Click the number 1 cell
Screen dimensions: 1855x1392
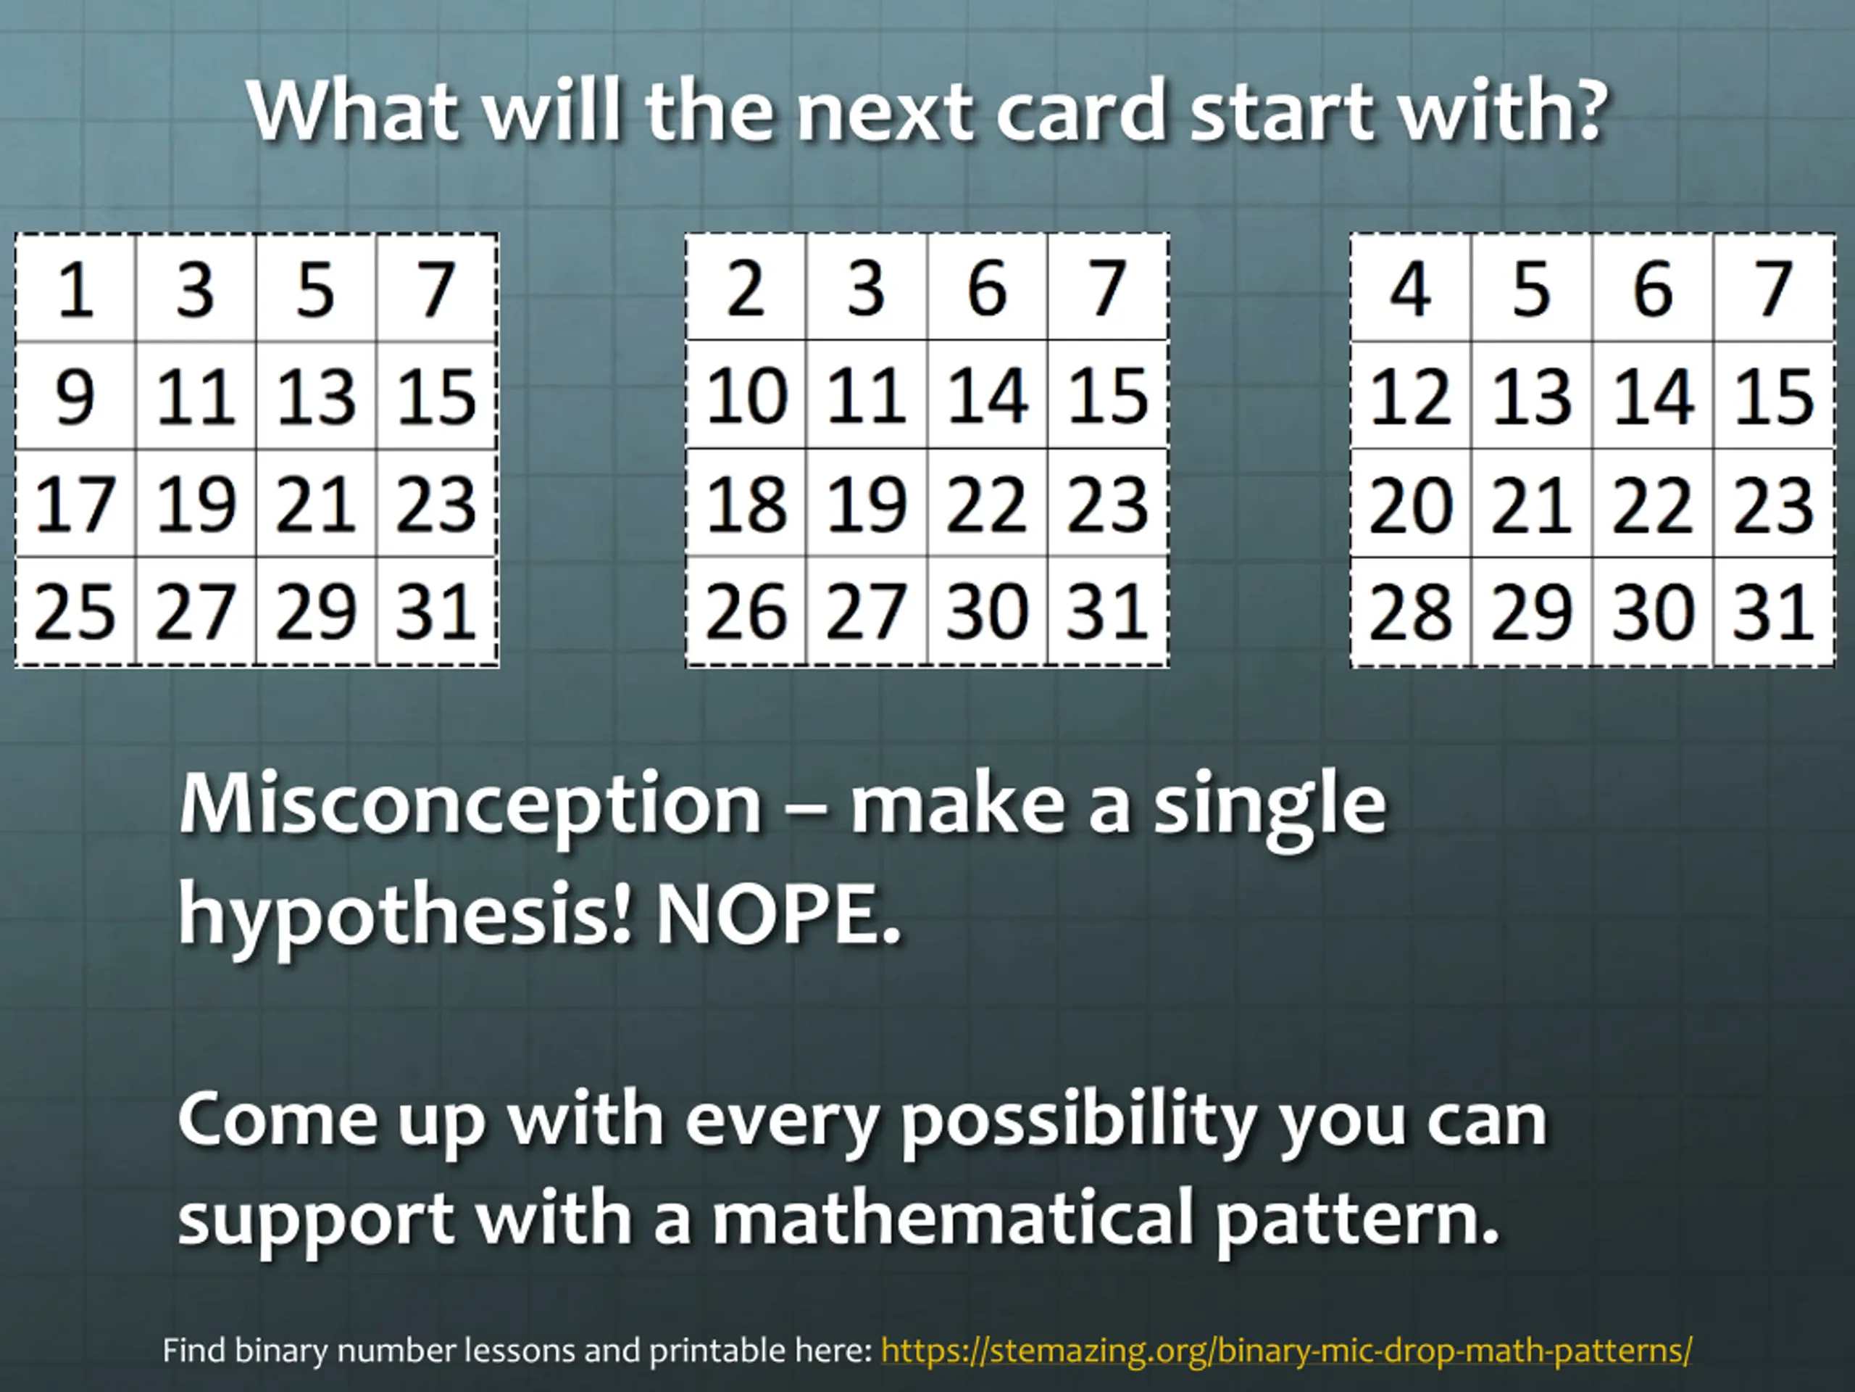coord(75,289)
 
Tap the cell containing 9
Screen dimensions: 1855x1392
coord(75,396)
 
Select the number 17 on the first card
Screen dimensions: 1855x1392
coord(75,503)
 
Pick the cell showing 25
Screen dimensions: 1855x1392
coord(75,611)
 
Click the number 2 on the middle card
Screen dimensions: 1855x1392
coord(746,288)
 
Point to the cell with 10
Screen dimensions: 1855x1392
coord(746,395)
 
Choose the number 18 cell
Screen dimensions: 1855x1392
coord(746,502)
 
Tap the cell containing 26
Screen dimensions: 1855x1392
coord(746,611)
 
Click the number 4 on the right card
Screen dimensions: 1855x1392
coord(1412,289)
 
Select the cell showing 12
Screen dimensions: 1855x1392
coord(1412,396)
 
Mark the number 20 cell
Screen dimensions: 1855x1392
coord(1412,503)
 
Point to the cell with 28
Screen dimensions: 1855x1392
coord(1412,612)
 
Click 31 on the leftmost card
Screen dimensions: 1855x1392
coord(436,611)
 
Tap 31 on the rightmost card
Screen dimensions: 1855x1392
coord(1773,612)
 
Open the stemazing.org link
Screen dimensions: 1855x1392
coord(1286,1350)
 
